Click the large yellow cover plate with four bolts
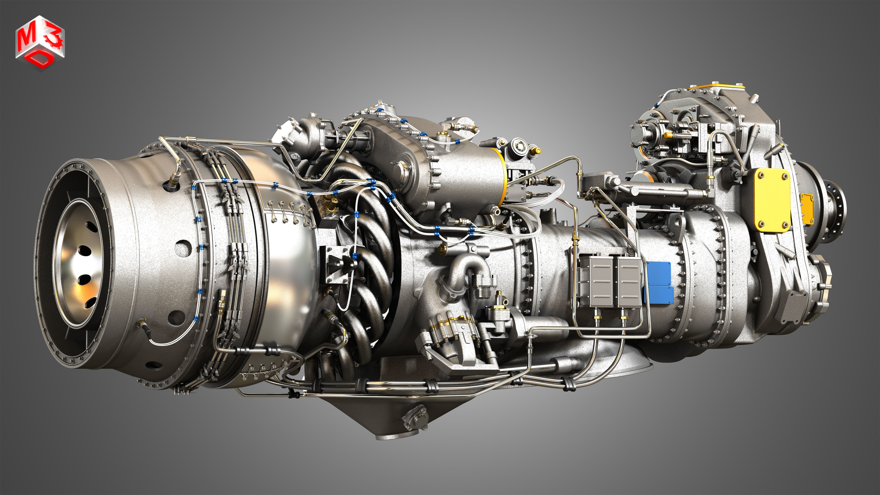[772, 200]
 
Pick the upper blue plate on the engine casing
[659, 274]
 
